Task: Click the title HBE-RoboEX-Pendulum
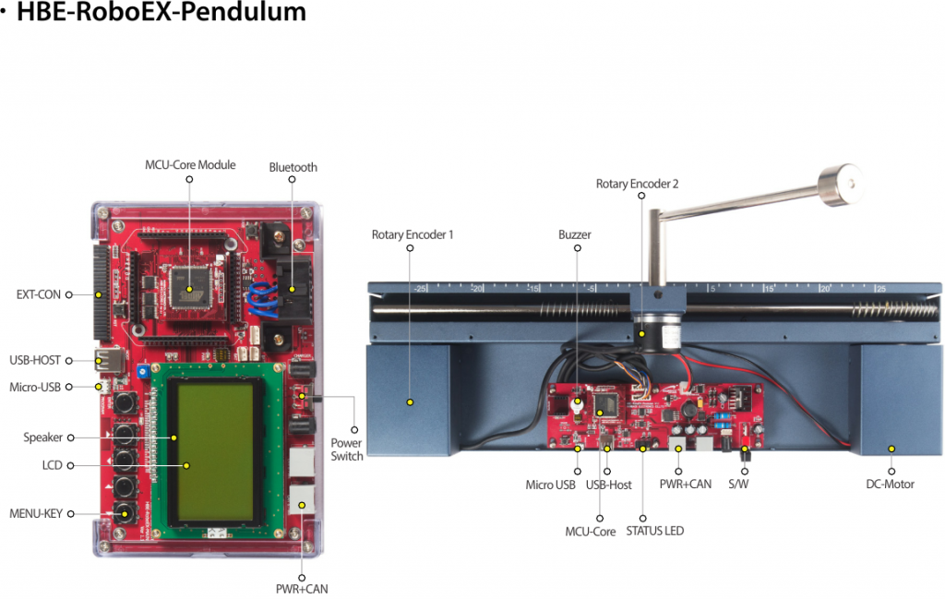point(161,13)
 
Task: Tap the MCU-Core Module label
point(190,165)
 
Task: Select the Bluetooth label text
point(293,167)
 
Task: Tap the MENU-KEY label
point(36,513)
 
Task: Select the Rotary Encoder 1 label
point(413,234)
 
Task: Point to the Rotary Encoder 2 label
point(637,184)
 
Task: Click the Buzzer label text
point(574,234)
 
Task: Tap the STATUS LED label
point(655,531)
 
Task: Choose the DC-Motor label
point(891,484)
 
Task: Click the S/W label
point(737,484)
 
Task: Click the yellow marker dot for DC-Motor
point(891,449)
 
